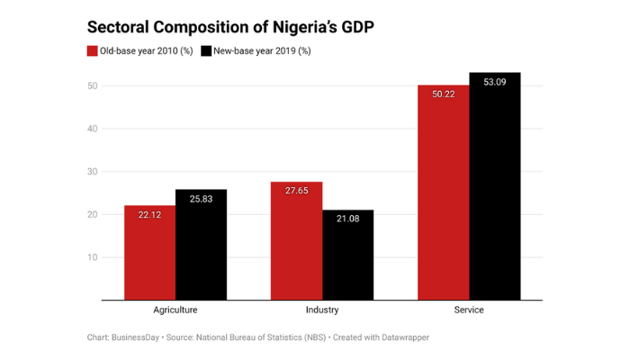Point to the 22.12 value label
tap(150, 216)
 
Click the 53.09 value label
tap(494, 82)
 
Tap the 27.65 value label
tap(296, 192)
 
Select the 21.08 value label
tap(347, 220)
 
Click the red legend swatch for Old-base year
tap(92, 51)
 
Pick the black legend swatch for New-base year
tap(206, 51)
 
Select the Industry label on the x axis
tap(322, 310)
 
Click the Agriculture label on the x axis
tap(175, 310)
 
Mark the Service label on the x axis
tap(469, 310)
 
